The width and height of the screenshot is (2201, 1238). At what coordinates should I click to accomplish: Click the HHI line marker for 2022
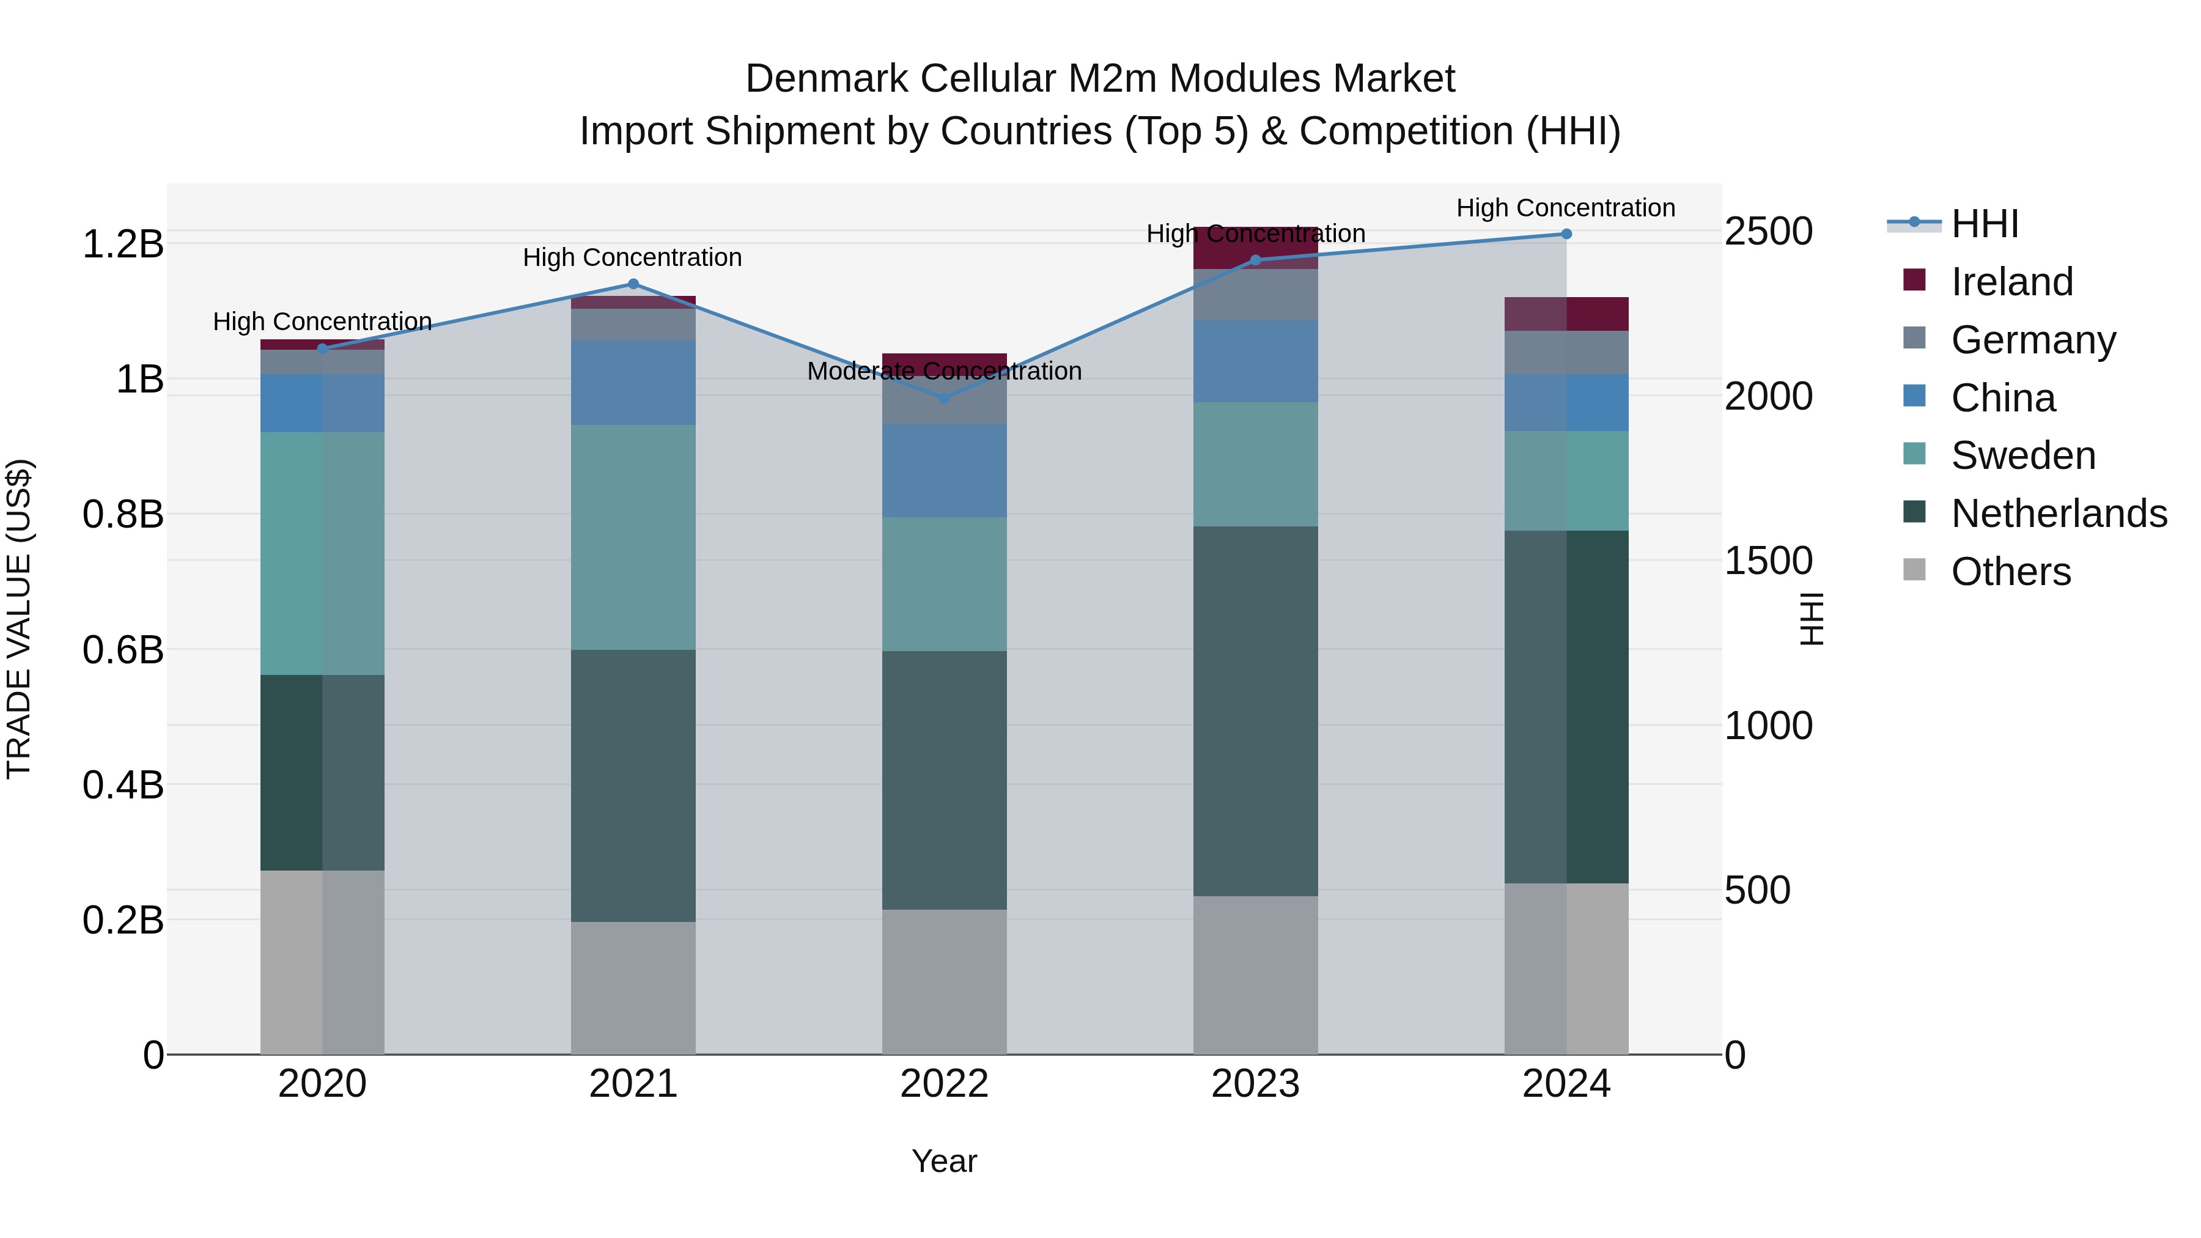coord(944,398)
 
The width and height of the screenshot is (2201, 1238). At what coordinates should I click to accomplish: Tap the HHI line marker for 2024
coord(1566,234)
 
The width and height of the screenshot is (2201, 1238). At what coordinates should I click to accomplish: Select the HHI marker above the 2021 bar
coord(633,284)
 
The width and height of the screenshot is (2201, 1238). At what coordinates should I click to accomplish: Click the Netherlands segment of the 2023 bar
coord(1255,711)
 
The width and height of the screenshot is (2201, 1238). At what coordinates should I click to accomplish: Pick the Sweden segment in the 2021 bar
coord(633,537)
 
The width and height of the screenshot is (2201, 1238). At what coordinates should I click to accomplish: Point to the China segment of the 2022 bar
coord(944,471)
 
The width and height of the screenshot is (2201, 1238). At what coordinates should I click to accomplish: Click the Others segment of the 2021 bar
coord(633,988)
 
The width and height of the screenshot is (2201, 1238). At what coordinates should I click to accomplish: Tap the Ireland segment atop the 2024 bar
coord(1566,314)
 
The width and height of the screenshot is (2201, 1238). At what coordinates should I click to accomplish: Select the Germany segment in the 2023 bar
coord(1255,295)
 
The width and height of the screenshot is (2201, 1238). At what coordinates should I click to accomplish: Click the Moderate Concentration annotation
coord(944,372)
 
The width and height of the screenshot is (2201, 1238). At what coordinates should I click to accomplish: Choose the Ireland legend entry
coord(2011,282)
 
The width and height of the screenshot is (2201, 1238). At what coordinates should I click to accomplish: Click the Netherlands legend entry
coord(2059,514)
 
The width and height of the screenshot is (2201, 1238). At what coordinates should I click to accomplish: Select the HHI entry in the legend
coord(1984,224)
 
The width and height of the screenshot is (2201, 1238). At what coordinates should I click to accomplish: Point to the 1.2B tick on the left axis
coord(122,245)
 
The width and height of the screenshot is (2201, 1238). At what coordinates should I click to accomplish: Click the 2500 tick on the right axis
coord(1768,232)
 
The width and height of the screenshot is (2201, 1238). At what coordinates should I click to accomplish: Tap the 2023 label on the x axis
coord(1255,1084)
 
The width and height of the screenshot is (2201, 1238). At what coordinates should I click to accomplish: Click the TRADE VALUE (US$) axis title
coord(19,619)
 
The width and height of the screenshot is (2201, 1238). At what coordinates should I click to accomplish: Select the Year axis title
coord(944,1161)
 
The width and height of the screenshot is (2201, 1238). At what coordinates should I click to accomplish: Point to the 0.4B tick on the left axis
coord(122,785)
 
